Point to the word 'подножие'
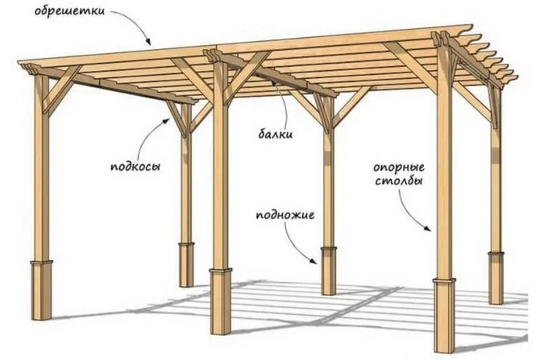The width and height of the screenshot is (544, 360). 283,216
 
